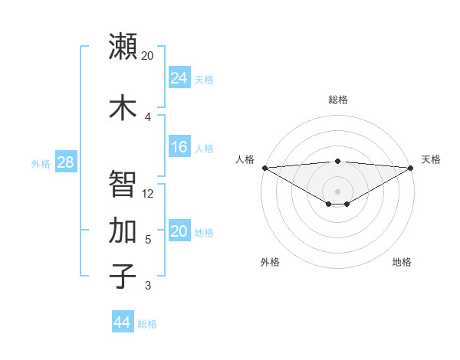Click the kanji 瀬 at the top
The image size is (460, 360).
[x=123, y=46]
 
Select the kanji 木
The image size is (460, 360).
[x=123, y=107]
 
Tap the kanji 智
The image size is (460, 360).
[x=123, y=184]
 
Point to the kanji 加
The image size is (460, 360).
[x=123, y=231]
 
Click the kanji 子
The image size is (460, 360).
[x=123, y=276]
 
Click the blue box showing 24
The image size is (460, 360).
[x=179, y=78]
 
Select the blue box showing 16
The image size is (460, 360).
[x=179, y=147]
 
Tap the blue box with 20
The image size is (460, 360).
[x=179, y=231]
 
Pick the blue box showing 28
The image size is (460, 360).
[x=65, y=162]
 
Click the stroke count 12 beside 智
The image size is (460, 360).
[x=148, y=193]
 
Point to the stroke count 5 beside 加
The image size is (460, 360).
[x=148, y=240]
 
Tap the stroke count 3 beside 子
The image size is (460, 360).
[x=148, y=286]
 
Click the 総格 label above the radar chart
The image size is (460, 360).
[x=337, y=100]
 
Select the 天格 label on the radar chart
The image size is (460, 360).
[x=431, y=159]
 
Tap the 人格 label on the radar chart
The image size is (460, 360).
[x=245, y=159]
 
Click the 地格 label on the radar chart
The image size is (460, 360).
[x=402, y=262]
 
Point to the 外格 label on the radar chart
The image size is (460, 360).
[x=270, y=262]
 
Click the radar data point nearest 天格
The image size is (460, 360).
[x=411, y=168]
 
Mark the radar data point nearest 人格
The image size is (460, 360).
[x=264, y=168]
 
